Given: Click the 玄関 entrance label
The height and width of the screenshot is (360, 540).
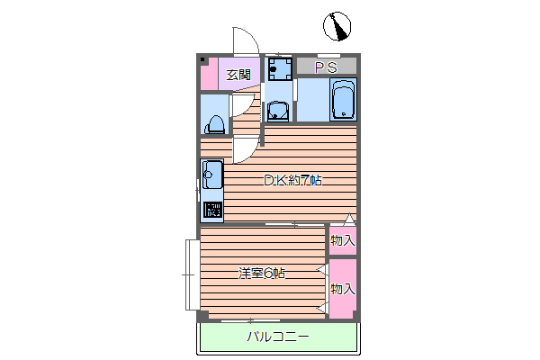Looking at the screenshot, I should coord(238,75).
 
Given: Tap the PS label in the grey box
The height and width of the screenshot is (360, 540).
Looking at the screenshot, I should coord(326,67).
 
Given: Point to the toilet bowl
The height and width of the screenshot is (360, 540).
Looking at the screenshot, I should coord(216,122).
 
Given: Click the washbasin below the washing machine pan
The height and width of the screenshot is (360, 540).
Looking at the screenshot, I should coord(279,111).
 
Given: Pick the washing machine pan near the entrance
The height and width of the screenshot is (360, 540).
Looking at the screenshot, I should coord(278,68).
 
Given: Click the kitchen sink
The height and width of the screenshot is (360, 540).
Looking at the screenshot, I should coord(211,175).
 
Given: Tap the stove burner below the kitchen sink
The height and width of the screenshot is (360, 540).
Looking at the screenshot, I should coord(212,211).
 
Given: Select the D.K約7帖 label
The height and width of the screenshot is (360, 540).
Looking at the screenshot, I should coord(292,180).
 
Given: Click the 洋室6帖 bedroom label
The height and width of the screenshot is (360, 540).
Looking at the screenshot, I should coord(262,273).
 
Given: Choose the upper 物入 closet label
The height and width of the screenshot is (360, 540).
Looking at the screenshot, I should coord(343,240).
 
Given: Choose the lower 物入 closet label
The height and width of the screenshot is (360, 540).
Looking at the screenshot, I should coord(343,289).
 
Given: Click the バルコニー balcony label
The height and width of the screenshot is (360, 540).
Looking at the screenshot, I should coord(278,337).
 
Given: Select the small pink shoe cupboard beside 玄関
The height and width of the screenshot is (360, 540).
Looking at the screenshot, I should coord(209,74).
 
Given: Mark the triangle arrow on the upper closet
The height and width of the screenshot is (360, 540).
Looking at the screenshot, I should coord(350,219).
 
